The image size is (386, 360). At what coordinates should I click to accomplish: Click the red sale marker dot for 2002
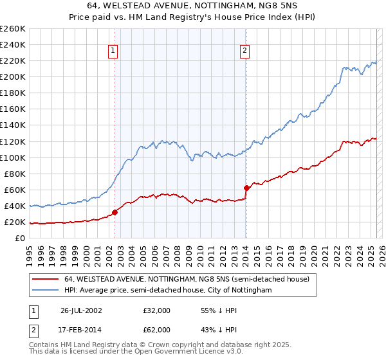tap(115, 212)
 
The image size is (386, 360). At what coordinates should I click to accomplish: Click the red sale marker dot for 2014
tap(246, 188)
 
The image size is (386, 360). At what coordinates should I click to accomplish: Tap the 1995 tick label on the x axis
tap(30, 251)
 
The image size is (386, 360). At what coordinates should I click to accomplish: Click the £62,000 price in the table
tap(157, 329)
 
